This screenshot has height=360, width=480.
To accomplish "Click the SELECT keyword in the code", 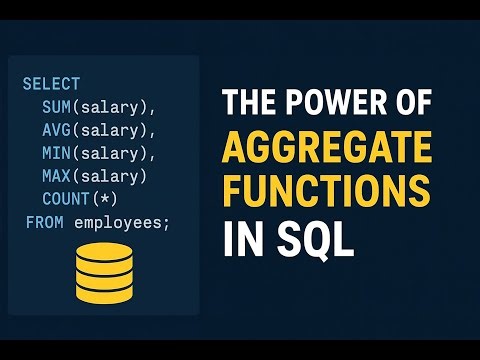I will (x=51, y=83).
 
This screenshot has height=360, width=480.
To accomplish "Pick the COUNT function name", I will (x=67, y=198).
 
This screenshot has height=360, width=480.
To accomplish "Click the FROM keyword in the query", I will (x=45, y=221).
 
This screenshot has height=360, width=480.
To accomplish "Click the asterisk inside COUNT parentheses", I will (x=114, y=198).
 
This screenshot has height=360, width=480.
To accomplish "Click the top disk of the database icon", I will (x=103, y=252).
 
